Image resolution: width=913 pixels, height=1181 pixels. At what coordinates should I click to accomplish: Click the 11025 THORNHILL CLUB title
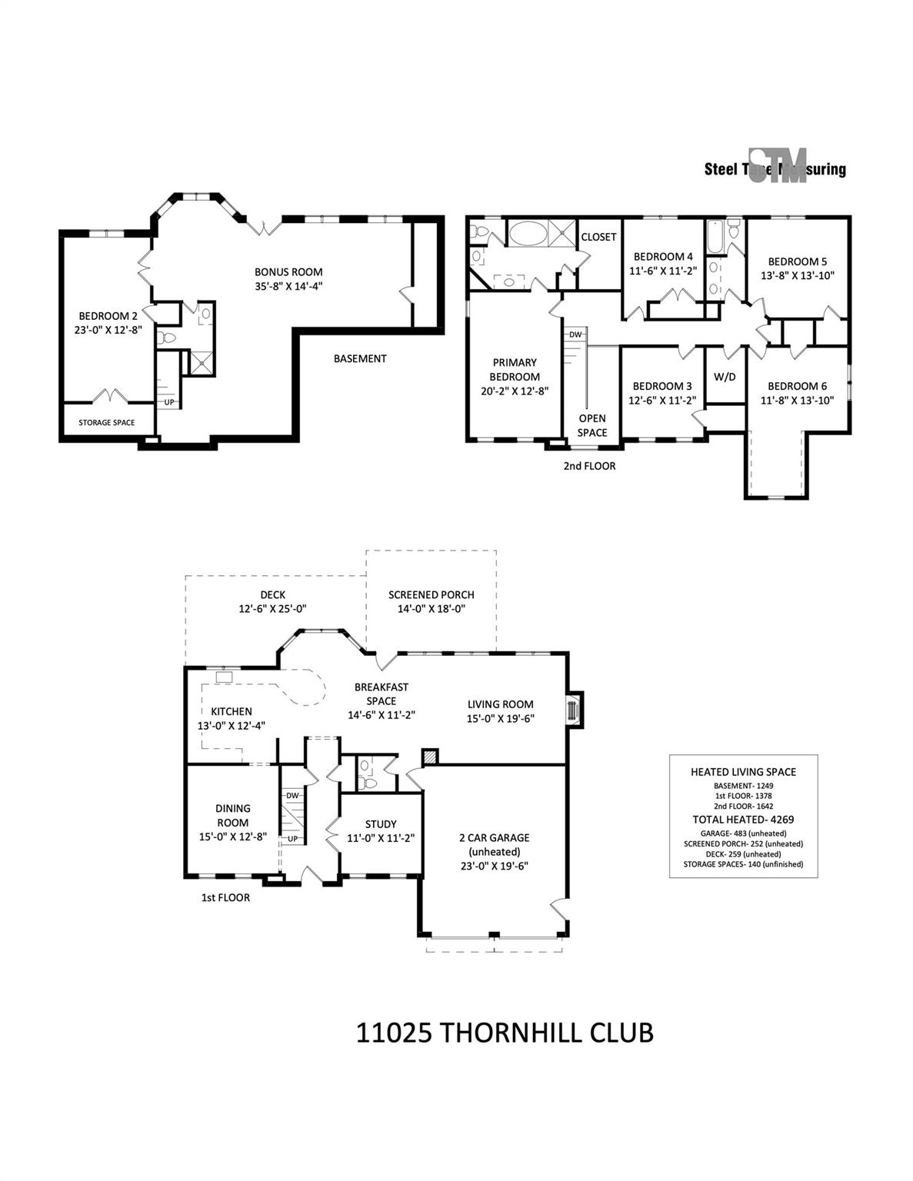(505, 1032)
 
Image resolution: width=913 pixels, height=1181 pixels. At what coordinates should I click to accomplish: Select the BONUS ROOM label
(288, 271)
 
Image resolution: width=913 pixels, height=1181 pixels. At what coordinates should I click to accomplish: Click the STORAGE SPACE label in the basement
(107, 422)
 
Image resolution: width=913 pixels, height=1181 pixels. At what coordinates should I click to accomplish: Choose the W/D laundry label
(725, 377)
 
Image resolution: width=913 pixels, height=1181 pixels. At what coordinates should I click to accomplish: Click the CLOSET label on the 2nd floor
(598, 237)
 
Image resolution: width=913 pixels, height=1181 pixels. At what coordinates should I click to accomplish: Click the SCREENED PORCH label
(431, 594)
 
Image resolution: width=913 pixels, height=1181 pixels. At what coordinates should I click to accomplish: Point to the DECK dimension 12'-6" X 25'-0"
(272, 608)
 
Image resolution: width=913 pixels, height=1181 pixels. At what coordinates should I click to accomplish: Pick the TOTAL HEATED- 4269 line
(743, 820)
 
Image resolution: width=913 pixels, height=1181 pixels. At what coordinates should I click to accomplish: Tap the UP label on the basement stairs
(168, 402)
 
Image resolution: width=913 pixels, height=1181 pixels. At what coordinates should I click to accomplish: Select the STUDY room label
(381, 824)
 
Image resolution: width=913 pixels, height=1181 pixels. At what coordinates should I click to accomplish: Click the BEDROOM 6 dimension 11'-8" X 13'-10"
(797, 400)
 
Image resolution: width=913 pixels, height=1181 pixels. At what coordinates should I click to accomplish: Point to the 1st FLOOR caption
(225, 897)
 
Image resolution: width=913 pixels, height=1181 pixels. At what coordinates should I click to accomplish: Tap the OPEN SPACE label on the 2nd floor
(592, 425)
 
